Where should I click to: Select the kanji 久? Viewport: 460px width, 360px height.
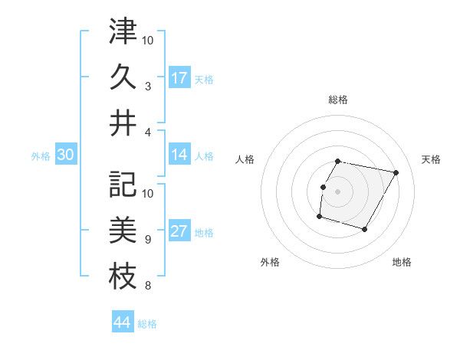123,77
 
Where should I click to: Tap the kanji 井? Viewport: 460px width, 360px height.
123,125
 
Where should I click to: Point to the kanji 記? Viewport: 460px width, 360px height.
123,184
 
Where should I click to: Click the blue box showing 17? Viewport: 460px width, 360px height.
179,78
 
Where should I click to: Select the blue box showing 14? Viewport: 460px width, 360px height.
179,155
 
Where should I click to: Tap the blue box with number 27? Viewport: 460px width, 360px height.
179,232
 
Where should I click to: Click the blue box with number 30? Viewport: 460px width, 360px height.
65,155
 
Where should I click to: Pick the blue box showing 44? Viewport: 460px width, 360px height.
123,322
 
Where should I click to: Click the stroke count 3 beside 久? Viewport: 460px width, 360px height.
147,87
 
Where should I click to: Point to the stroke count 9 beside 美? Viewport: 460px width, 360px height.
147,240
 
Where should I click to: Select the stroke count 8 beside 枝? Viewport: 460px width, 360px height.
147,287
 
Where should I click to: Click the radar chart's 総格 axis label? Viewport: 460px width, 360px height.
338,100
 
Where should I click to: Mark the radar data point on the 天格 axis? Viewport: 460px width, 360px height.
396,173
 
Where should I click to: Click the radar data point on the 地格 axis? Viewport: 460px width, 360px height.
365,229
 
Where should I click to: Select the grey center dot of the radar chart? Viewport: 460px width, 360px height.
338,191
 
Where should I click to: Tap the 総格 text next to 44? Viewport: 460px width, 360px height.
147,324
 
